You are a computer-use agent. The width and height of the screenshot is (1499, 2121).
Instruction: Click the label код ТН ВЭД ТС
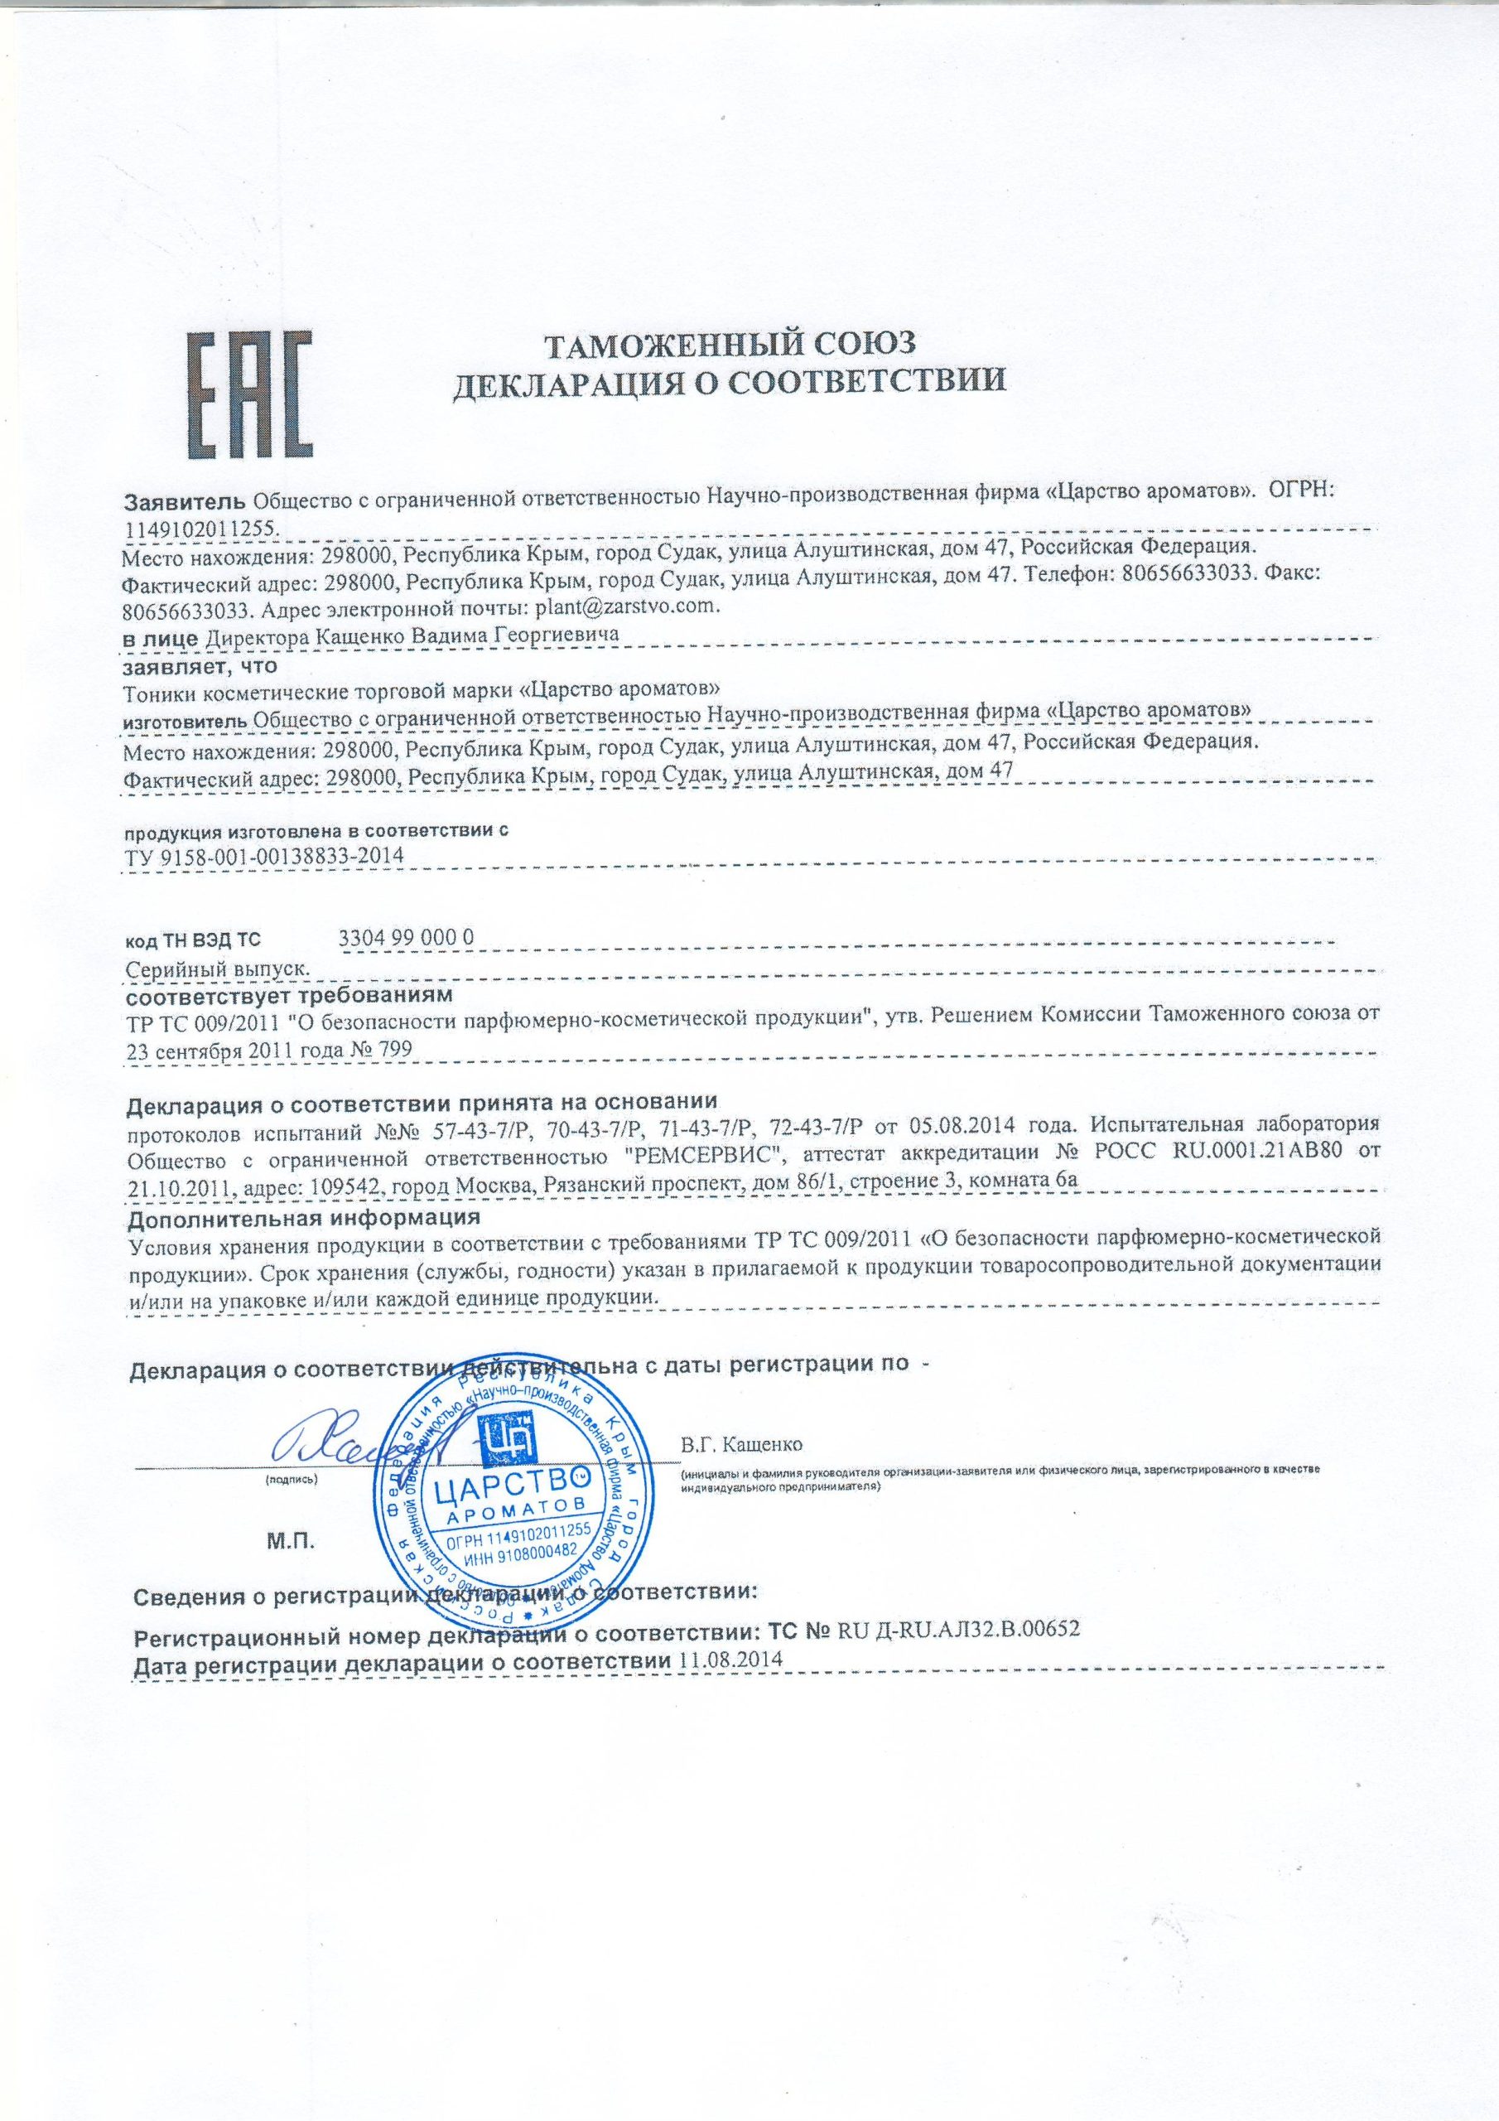click(193, 940)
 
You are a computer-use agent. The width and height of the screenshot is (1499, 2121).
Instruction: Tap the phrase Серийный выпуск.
click(216, 969)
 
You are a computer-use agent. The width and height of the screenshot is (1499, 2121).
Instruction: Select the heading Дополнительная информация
click(304, 1218)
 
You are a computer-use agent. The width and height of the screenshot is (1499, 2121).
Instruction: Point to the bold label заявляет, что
click(201, 665)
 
